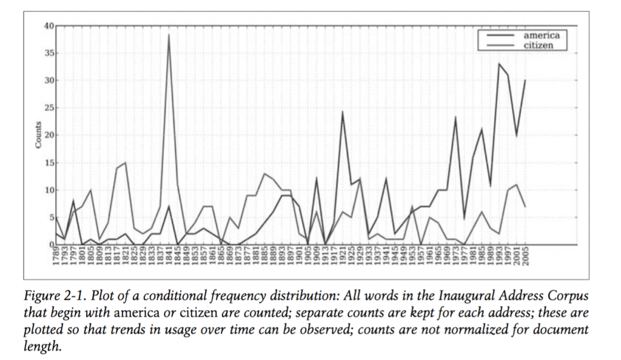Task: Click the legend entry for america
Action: point(541,35)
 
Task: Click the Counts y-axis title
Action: point(38,135)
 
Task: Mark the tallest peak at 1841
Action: point(169,35)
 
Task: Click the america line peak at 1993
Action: point(499,64)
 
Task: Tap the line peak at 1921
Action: point(343,112)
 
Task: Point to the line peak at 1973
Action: point(455,117)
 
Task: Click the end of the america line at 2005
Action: point(525,80)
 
